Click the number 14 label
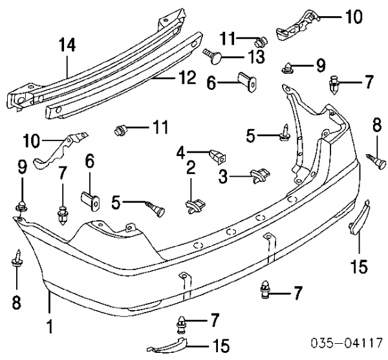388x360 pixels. (67, 45)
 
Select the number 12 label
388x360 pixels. (187, 78)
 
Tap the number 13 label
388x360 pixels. (255, 57)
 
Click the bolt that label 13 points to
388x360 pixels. (213, 56)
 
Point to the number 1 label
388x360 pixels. (50, 326)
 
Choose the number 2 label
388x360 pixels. (191, 168)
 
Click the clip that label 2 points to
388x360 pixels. (195, 206)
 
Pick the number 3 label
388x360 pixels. (223, 177)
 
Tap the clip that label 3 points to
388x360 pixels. (261, 175)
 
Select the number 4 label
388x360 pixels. (181, 153)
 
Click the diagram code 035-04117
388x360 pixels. (347, 344)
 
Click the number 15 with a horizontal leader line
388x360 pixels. (221, 346)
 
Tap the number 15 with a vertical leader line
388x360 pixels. (359, 267)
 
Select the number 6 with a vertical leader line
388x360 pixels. (90, 161)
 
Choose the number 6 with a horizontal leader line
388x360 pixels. (211, 83)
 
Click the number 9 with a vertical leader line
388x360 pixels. (22, 167)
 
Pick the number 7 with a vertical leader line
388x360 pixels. (62, 173)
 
